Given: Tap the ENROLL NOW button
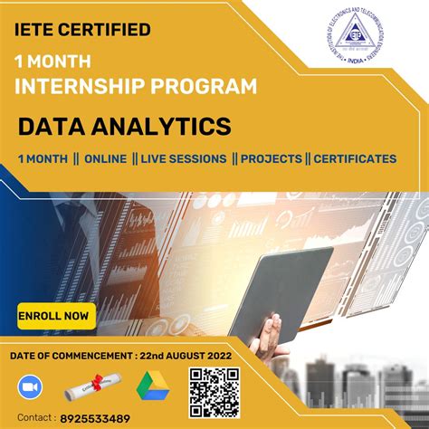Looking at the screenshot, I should [53, 316].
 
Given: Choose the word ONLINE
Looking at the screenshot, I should [105, 158].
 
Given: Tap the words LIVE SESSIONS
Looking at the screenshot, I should [184, 158].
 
